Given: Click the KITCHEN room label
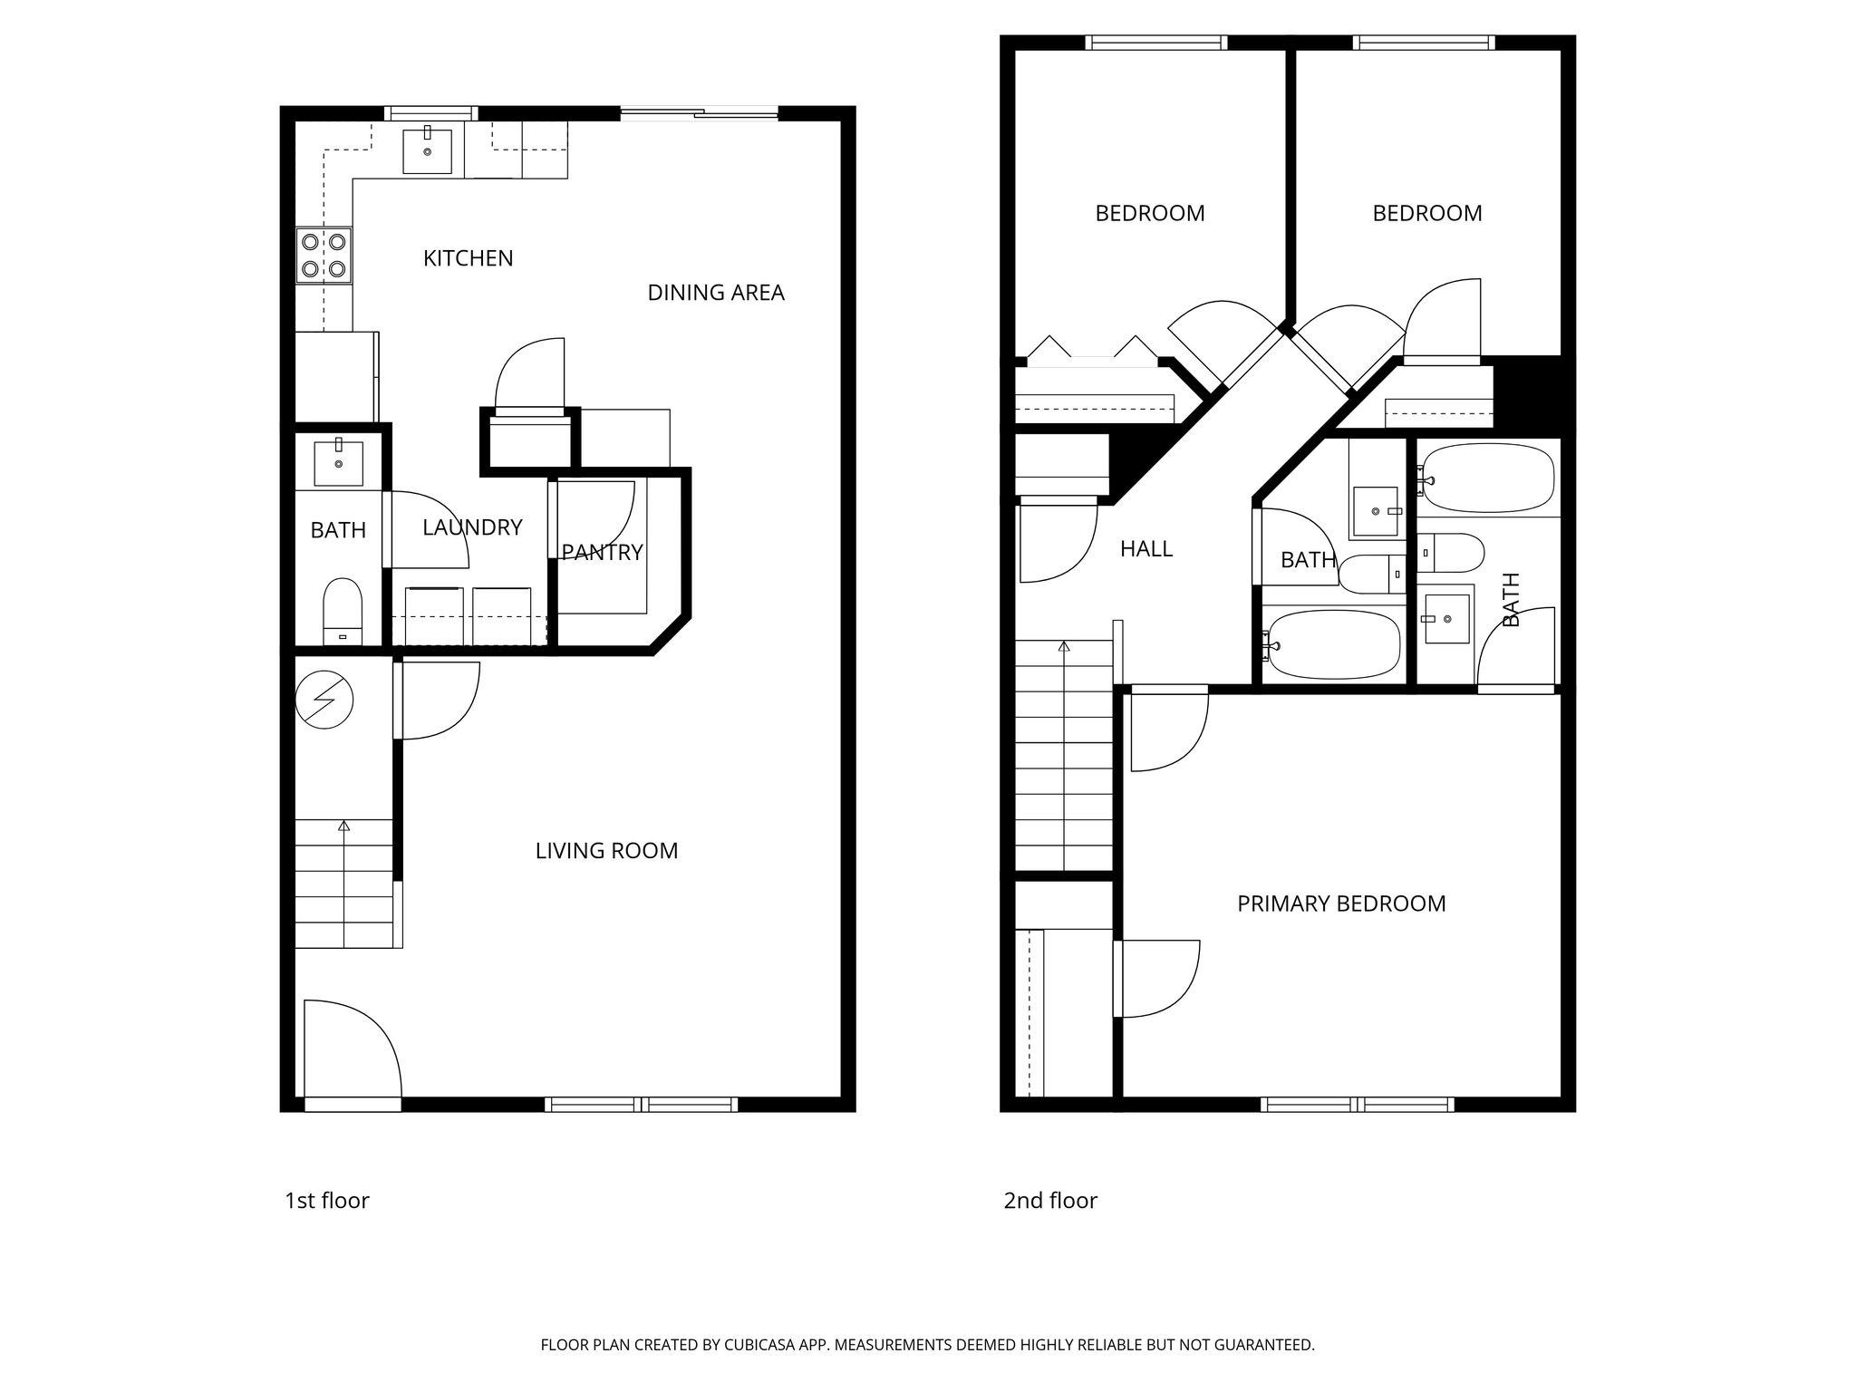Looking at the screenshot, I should [468, 258].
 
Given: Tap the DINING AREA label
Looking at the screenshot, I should [715, 293].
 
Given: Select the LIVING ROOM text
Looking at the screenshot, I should [606, 851].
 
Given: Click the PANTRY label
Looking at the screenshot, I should [602, 552].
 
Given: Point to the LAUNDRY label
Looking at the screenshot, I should [472, 527].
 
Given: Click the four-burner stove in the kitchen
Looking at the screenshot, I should [324, 255].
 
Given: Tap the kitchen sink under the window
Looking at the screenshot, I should [427, 150].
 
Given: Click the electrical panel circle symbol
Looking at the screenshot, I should [324, 700].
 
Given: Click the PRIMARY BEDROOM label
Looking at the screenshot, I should [1340, 904].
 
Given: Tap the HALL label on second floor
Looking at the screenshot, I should [1145, 548].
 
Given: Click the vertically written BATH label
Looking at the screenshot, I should [1511, 599].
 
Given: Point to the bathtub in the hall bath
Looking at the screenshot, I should [1332, 644].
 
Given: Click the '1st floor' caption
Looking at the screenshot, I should [327, 1201].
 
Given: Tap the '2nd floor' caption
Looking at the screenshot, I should [1049, 1201].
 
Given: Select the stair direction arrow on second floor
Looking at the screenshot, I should [1064, 647].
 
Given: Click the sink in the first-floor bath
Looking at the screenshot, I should [338, 462].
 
